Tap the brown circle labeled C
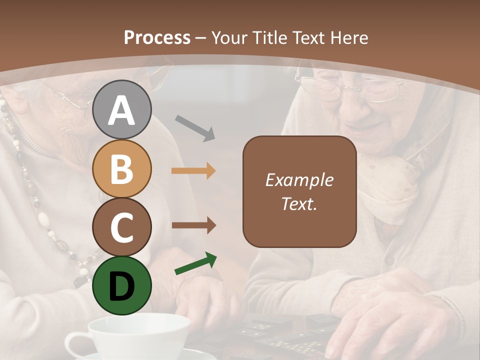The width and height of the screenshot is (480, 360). (x=122, y=227)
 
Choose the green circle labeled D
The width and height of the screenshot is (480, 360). (x=122, y=285)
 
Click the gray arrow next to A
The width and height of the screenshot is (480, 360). (x=195, y=127)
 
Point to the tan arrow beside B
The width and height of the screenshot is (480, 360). (x=193, y=171)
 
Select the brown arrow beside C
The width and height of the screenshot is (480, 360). (x=193, y=225)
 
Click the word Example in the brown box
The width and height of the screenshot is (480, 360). (x=299, y=180)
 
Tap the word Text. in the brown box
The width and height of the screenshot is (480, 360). (x=299, y=203)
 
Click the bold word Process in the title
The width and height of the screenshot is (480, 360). (x=157, y=37)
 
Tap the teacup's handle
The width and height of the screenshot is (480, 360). (x=75, y=345)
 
